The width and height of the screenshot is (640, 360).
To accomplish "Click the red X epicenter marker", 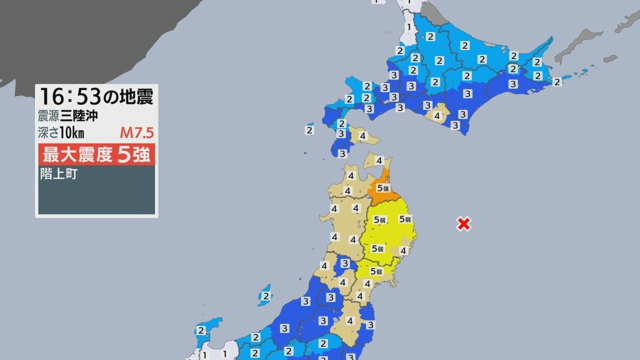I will [463, 224].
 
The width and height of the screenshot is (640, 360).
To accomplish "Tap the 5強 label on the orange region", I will [383, 188].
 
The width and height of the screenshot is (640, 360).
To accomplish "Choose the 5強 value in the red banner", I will [133, 155].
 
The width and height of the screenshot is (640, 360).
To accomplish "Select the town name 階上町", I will [59, 174].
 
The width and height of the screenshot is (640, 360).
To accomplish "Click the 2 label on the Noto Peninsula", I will [201, 331].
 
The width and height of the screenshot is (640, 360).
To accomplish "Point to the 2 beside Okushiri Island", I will [310, 129].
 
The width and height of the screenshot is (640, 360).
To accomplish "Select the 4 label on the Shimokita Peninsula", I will [379, 160].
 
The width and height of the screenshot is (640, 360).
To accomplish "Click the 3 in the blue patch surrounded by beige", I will [346, 263].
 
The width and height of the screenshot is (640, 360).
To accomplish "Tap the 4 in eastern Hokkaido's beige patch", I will [437, 115].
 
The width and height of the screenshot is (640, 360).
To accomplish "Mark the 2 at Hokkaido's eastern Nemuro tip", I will [557, 82].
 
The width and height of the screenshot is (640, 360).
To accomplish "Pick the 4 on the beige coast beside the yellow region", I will [404, 251].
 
